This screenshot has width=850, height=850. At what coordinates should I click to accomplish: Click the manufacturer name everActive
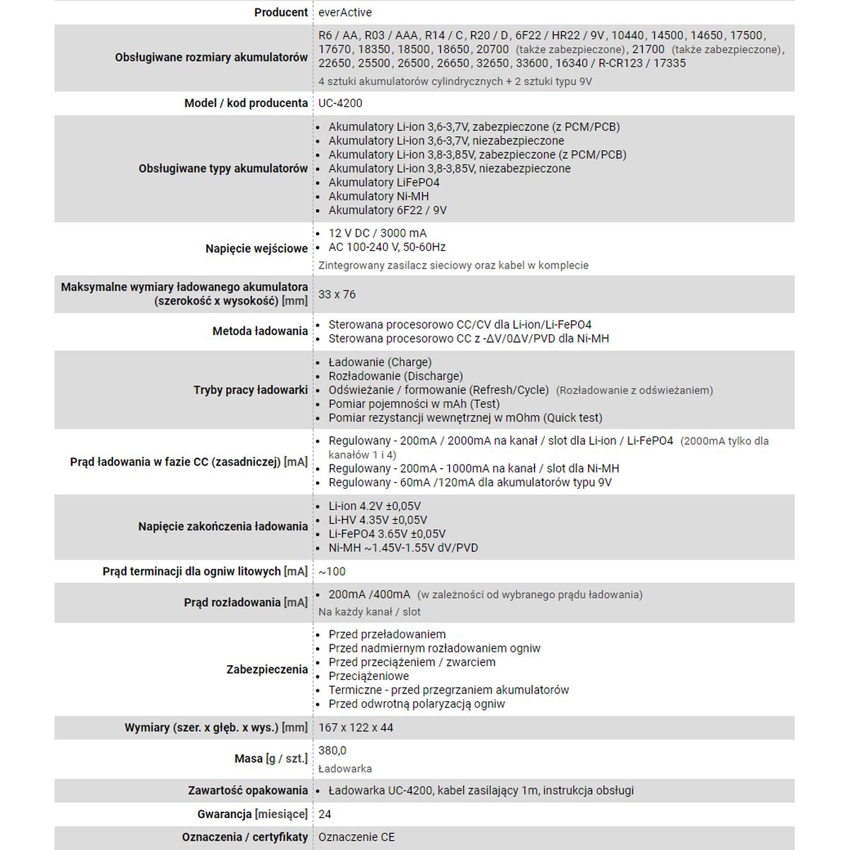pos(345,12)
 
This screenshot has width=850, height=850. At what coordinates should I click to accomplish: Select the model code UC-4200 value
pos(340,103)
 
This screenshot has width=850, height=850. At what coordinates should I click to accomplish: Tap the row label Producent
pos(280,12)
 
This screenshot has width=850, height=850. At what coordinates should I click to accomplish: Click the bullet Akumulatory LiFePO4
pos(383,182)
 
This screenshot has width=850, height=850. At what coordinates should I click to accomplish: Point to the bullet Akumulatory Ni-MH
pos(378,196)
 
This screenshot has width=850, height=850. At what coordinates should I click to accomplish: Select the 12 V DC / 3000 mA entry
pos(377,233)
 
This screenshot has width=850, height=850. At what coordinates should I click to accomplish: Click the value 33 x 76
pos(337,294)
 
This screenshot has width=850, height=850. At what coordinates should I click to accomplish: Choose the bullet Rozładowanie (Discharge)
pos(395,376)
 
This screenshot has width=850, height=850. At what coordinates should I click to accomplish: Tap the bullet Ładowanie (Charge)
pos(380,362)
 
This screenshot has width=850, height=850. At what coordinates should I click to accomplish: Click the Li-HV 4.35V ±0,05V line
pos(378,520)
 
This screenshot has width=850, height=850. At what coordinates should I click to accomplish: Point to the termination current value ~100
pos(331,572)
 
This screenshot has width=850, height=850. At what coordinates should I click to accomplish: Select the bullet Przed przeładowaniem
pos(387,634)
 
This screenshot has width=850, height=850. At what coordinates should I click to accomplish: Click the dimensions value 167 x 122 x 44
pos(356,727)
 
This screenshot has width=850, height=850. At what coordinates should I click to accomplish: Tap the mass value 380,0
pos(332,750)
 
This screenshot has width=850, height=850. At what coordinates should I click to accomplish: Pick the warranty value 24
pos(325,814)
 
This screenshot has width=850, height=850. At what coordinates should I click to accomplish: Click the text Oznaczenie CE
pos(356,837)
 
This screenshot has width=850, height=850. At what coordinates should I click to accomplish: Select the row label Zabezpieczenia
pos(267,669)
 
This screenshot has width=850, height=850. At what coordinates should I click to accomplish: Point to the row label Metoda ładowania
pos(260,331)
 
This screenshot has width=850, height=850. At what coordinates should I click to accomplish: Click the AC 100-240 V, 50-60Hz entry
pos(387,247)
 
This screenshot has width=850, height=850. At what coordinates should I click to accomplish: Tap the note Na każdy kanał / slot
pos(369,611)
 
